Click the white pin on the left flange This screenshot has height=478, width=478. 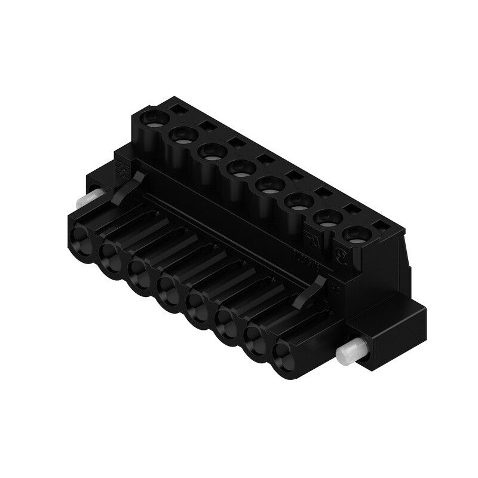90,197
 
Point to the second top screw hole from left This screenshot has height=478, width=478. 180,134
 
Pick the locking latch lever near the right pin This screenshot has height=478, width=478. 316,286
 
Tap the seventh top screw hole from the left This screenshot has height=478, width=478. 326,219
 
